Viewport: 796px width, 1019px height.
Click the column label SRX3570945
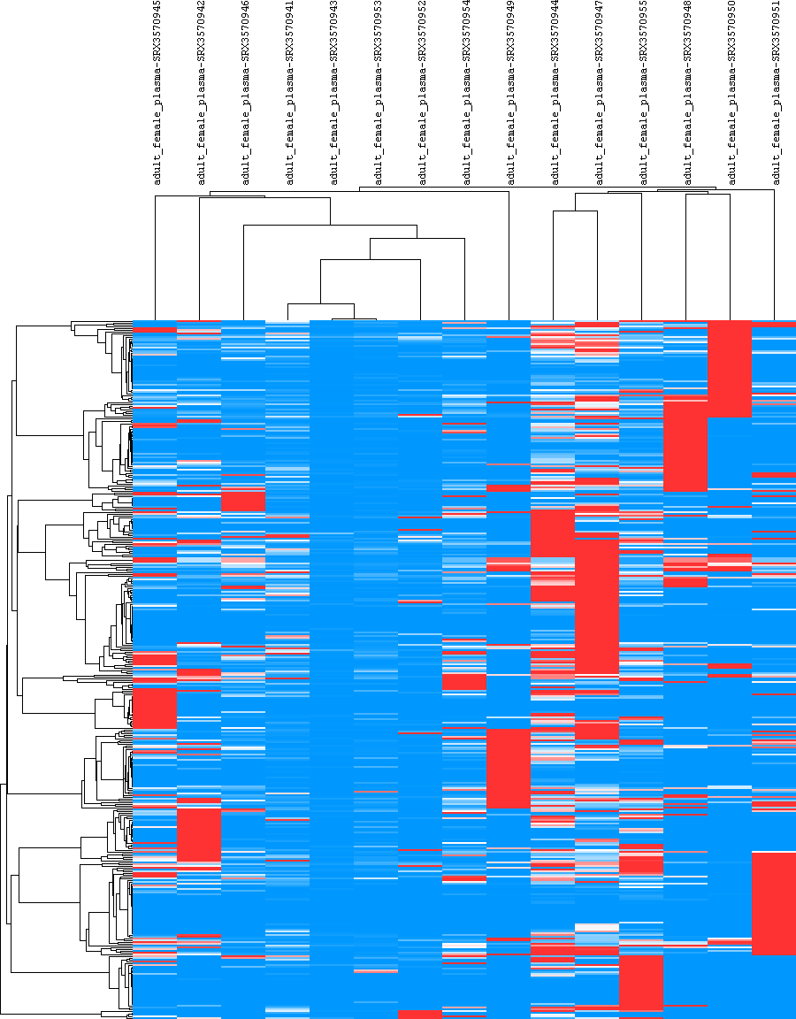[x=157, y=92]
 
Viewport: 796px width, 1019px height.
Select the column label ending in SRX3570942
[x=201, y=92]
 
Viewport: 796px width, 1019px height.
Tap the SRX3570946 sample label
[x=245, y=92]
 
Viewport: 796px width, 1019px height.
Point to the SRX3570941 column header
[x=289, y=92]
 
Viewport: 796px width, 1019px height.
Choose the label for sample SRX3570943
[x=333, y=92]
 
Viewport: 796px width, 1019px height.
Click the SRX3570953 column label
[x=378, y=92]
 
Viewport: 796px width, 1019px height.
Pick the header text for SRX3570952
[x=422, y=92]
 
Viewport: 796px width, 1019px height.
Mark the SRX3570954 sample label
[x=466, y=92]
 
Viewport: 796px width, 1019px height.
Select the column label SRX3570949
[x=510, y=92]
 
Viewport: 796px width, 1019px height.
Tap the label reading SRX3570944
[x=555, y=92]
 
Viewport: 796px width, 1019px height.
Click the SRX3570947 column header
[x=599, y=92]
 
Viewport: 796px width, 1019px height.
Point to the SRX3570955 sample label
[x=643, y=92]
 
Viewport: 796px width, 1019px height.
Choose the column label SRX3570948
[x=687, y=92]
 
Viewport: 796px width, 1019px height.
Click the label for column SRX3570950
[x=731, y=92]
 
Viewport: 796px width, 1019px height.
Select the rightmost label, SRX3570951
[x=776, y=92]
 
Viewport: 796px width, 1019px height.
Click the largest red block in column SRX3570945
[x=155, y=708]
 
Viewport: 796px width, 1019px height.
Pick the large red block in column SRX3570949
[x=509, y=768]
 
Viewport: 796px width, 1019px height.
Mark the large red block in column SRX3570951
[x=774, y=902]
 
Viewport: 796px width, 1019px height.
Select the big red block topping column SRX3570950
[x=730, y=368]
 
